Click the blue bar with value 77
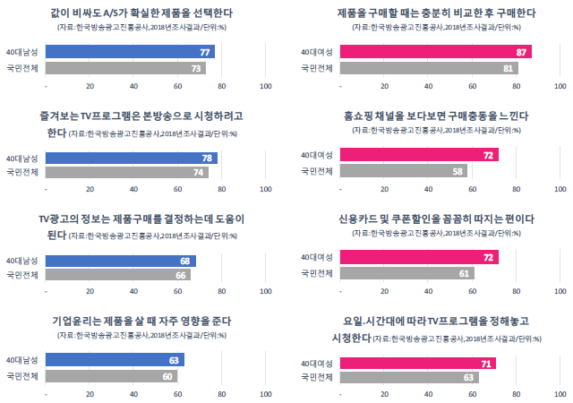pos(130,53)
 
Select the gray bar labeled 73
pos(125,68)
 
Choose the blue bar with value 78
pos(131,158)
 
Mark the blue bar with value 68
pos(120,261)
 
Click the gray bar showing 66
pos(118,275)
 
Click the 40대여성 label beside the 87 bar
pos(318,53)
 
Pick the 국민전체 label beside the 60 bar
pos(22,377)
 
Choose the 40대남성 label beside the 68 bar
pos(22,261)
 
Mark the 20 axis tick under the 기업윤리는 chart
pos(90,395)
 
